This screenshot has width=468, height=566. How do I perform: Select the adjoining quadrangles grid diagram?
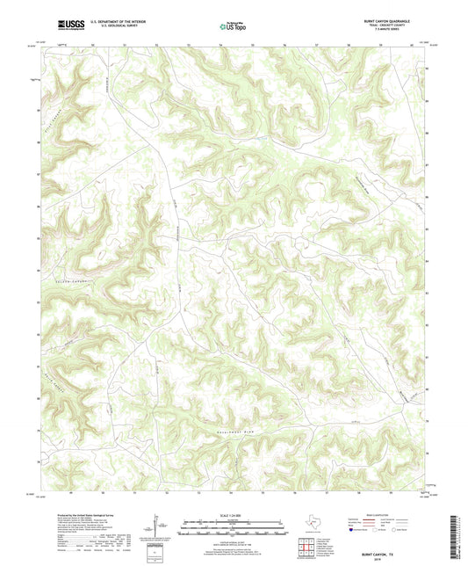click(x=307, y=548)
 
